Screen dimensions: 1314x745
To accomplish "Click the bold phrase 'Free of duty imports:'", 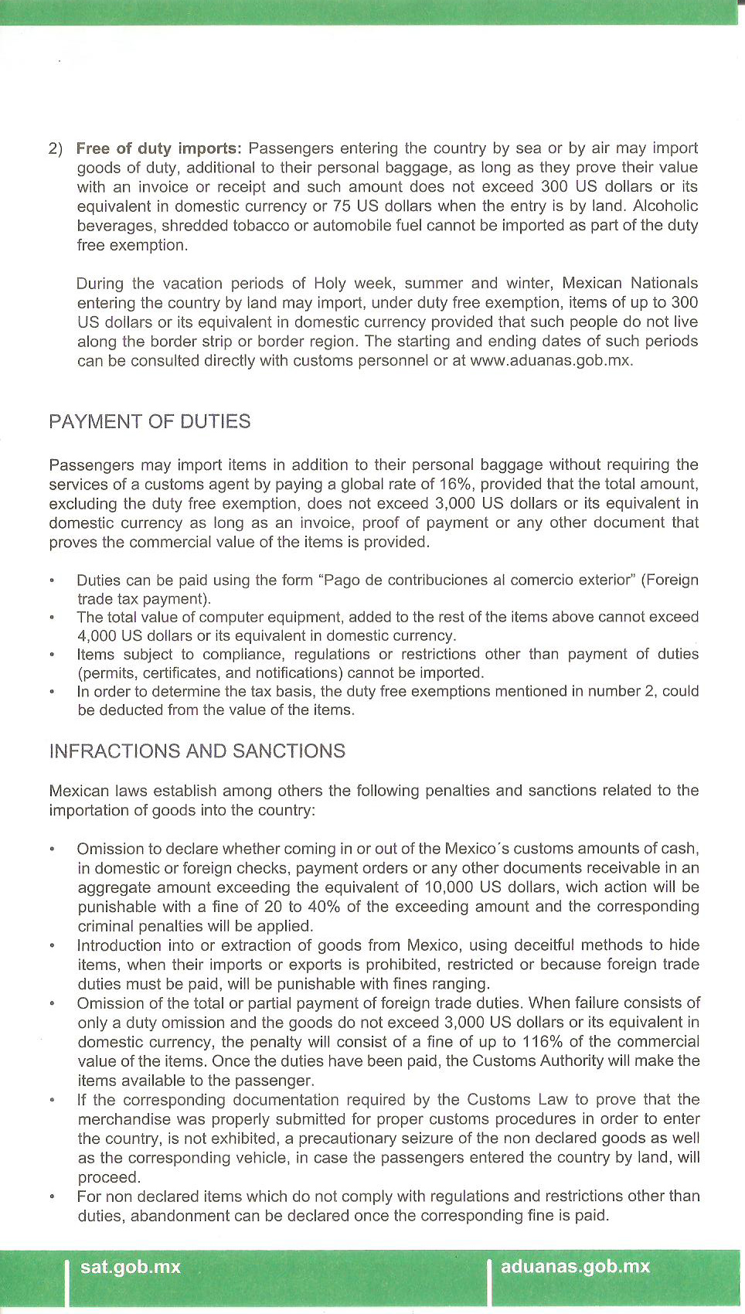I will [x=158, y=148].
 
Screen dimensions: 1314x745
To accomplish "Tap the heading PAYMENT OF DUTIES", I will [x=149, y=421].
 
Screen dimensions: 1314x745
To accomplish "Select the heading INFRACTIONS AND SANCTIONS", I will [x=197, y=751].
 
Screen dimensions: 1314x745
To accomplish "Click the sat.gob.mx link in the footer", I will [x=130, y=1267].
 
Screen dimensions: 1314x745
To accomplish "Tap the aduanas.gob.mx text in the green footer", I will [x=575, y=1267].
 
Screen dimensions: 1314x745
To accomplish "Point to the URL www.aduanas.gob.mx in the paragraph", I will [x=550, y=361].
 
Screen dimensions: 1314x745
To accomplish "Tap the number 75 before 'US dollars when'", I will [x=342, y=206].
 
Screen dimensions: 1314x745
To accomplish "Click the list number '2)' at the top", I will [x=56, y=148].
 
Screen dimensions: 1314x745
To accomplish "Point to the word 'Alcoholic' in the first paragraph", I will [x=665, y=206].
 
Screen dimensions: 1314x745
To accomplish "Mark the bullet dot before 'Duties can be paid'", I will [x=52, y=580].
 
